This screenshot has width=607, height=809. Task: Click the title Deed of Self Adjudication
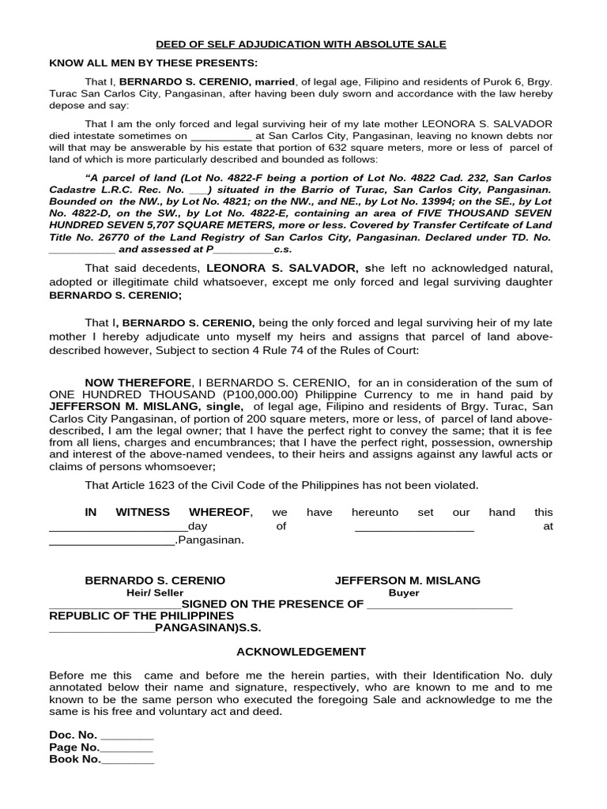pyautogui.click(x=300, y=44)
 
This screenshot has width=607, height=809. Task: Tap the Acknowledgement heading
pyautogui.click(x=301, y=652)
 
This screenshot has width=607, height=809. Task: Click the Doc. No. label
pyautogui.click(x=73, y=735)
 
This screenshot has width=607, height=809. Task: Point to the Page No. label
pyautogui.click(x=74, y=747)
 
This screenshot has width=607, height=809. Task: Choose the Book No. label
pyautogui.click(x=75, y=759)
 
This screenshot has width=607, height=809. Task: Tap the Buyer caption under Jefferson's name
pyautogui.click(x=404, y=593)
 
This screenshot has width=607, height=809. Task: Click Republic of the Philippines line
pyautogui.click(x=141, y=615)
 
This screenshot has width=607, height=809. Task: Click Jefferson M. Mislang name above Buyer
pyautogui.click(x=407, y=580)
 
